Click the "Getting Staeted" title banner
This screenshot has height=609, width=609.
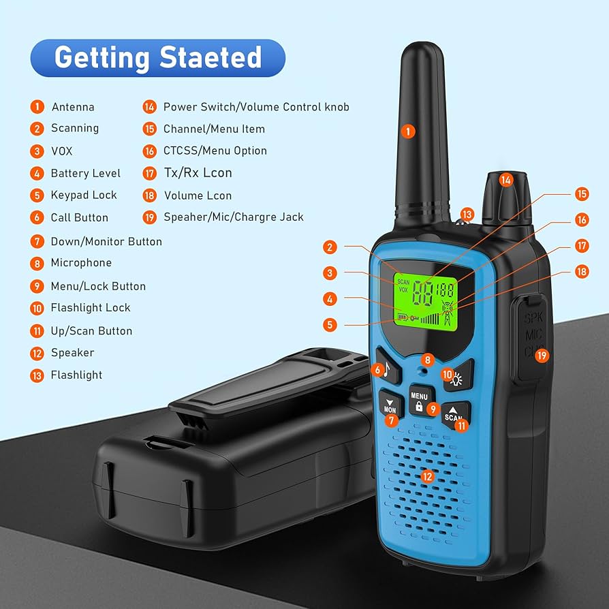[158, 57]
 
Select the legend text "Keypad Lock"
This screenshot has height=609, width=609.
[84, 195]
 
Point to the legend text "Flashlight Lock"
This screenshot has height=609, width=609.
[91, 308]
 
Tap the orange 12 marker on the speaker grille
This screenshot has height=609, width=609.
[427, 477]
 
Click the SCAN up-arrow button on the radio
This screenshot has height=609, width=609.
[454, 413]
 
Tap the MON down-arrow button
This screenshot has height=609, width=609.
[390, 406]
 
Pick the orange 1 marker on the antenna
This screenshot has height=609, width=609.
[408, 131]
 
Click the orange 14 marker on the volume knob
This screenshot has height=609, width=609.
[505, 180]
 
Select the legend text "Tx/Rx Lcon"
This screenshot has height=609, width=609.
[198, 173]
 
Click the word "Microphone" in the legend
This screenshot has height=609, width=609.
[81, 263]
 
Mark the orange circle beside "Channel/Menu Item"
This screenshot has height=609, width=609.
[150, 129]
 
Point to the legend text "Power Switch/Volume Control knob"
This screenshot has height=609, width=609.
[256, 107]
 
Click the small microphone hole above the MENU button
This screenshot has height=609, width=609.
[423, 372]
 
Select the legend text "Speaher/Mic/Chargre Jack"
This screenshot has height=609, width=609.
[234, 217]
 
